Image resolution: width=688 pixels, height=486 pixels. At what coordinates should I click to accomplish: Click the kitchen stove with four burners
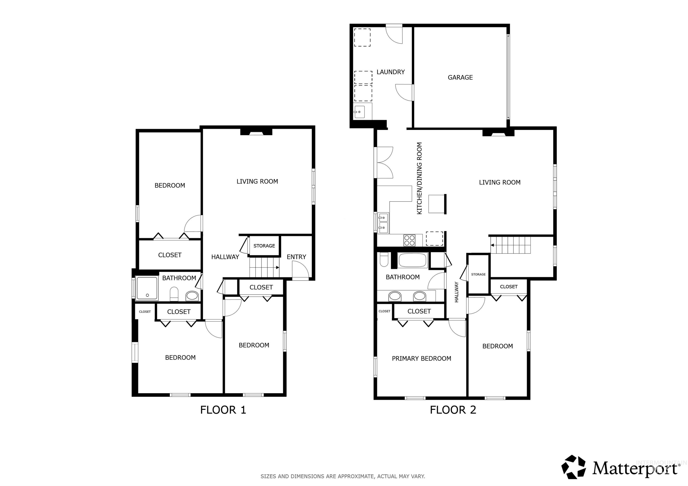[409, 240]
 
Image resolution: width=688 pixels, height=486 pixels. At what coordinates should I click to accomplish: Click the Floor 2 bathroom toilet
[384, 259]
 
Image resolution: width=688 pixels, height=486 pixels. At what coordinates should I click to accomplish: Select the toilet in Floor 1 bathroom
[174, 294]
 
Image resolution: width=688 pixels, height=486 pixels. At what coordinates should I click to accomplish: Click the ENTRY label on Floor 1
[296, 257]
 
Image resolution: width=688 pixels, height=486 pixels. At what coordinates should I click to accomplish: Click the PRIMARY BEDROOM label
[421, 359]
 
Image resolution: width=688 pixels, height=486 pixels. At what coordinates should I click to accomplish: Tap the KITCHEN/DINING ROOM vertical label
[419, 178]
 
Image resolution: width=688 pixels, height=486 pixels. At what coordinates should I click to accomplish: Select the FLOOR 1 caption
[223, 410]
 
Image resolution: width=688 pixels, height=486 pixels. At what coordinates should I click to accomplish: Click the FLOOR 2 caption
[453, 410]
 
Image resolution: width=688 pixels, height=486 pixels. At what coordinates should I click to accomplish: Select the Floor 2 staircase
[511, 245]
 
